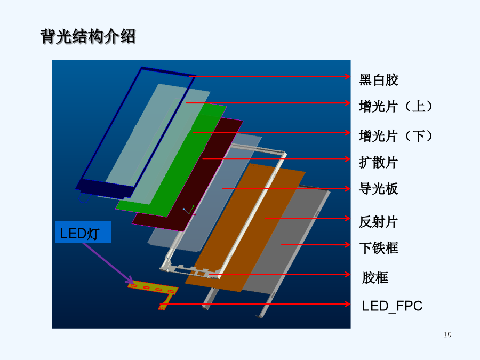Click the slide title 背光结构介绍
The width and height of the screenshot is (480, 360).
coord(88,37)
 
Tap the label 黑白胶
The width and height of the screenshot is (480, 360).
coord(379,80)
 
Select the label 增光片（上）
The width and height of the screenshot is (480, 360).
coord(396,107)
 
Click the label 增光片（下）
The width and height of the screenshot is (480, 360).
coord(396,136)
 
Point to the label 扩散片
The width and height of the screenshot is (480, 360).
coord(378,162)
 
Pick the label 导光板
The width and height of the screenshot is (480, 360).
coord(379,189)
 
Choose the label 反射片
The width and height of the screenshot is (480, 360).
coord(378,222)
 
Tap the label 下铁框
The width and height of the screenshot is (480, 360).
coord(379,248)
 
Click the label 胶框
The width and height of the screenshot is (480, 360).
coord(375,278)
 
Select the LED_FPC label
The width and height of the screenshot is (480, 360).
coord(392,306)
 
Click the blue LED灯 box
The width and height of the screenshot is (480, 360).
coord(83,232)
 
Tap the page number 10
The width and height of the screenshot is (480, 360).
coord(447,334)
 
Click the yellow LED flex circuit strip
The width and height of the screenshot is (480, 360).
coord(153,289)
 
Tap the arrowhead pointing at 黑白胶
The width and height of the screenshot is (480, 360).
coord(347,76)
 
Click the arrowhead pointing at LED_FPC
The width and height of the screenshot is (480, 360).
coord(347,304)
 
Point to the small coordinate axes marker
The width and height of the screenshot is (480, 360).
coord(189,211)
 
